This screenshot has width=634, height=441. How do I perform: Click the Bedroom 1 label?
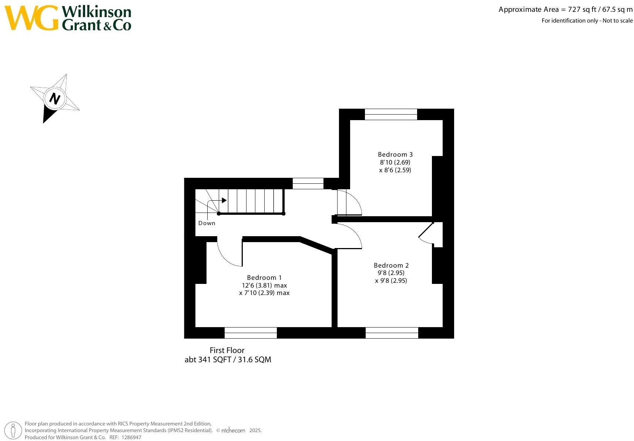coord(264,278)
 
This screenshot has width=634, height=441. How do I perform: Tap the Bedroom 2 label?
coord(391,265)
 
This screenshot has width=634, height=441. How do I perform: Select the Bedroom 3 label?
coord(395,155)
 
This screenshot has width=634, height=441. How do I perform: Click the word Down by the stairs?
coord(207,223)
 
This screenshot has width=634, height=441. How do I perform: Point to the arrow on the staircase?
coord(223,200)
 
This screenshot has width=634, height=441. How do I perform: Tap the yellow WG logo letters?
coord(31,18)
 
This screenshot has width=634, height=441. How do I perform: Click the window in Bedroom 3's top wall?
coord(391,114)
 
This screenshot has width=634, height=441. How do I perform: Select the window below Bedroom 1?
coord(251,333)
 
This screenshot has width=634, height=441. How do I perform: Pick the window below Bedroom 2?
coord(392,333)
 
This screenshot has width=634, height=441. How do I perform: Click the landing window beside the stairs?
coord(308,183)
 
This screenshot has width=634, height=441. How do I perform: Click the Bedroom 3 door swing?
coord(350,202)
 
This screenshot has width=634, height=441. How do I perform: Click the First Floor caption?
coord(227,350)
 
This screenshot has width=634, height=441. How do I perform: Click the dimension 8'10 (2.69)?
coord(395,162)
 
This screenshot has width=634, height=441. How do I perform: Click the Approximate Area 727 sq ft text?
coord(565,10)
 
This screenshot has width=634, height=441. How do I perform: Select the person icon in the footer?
coord(14,431)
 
